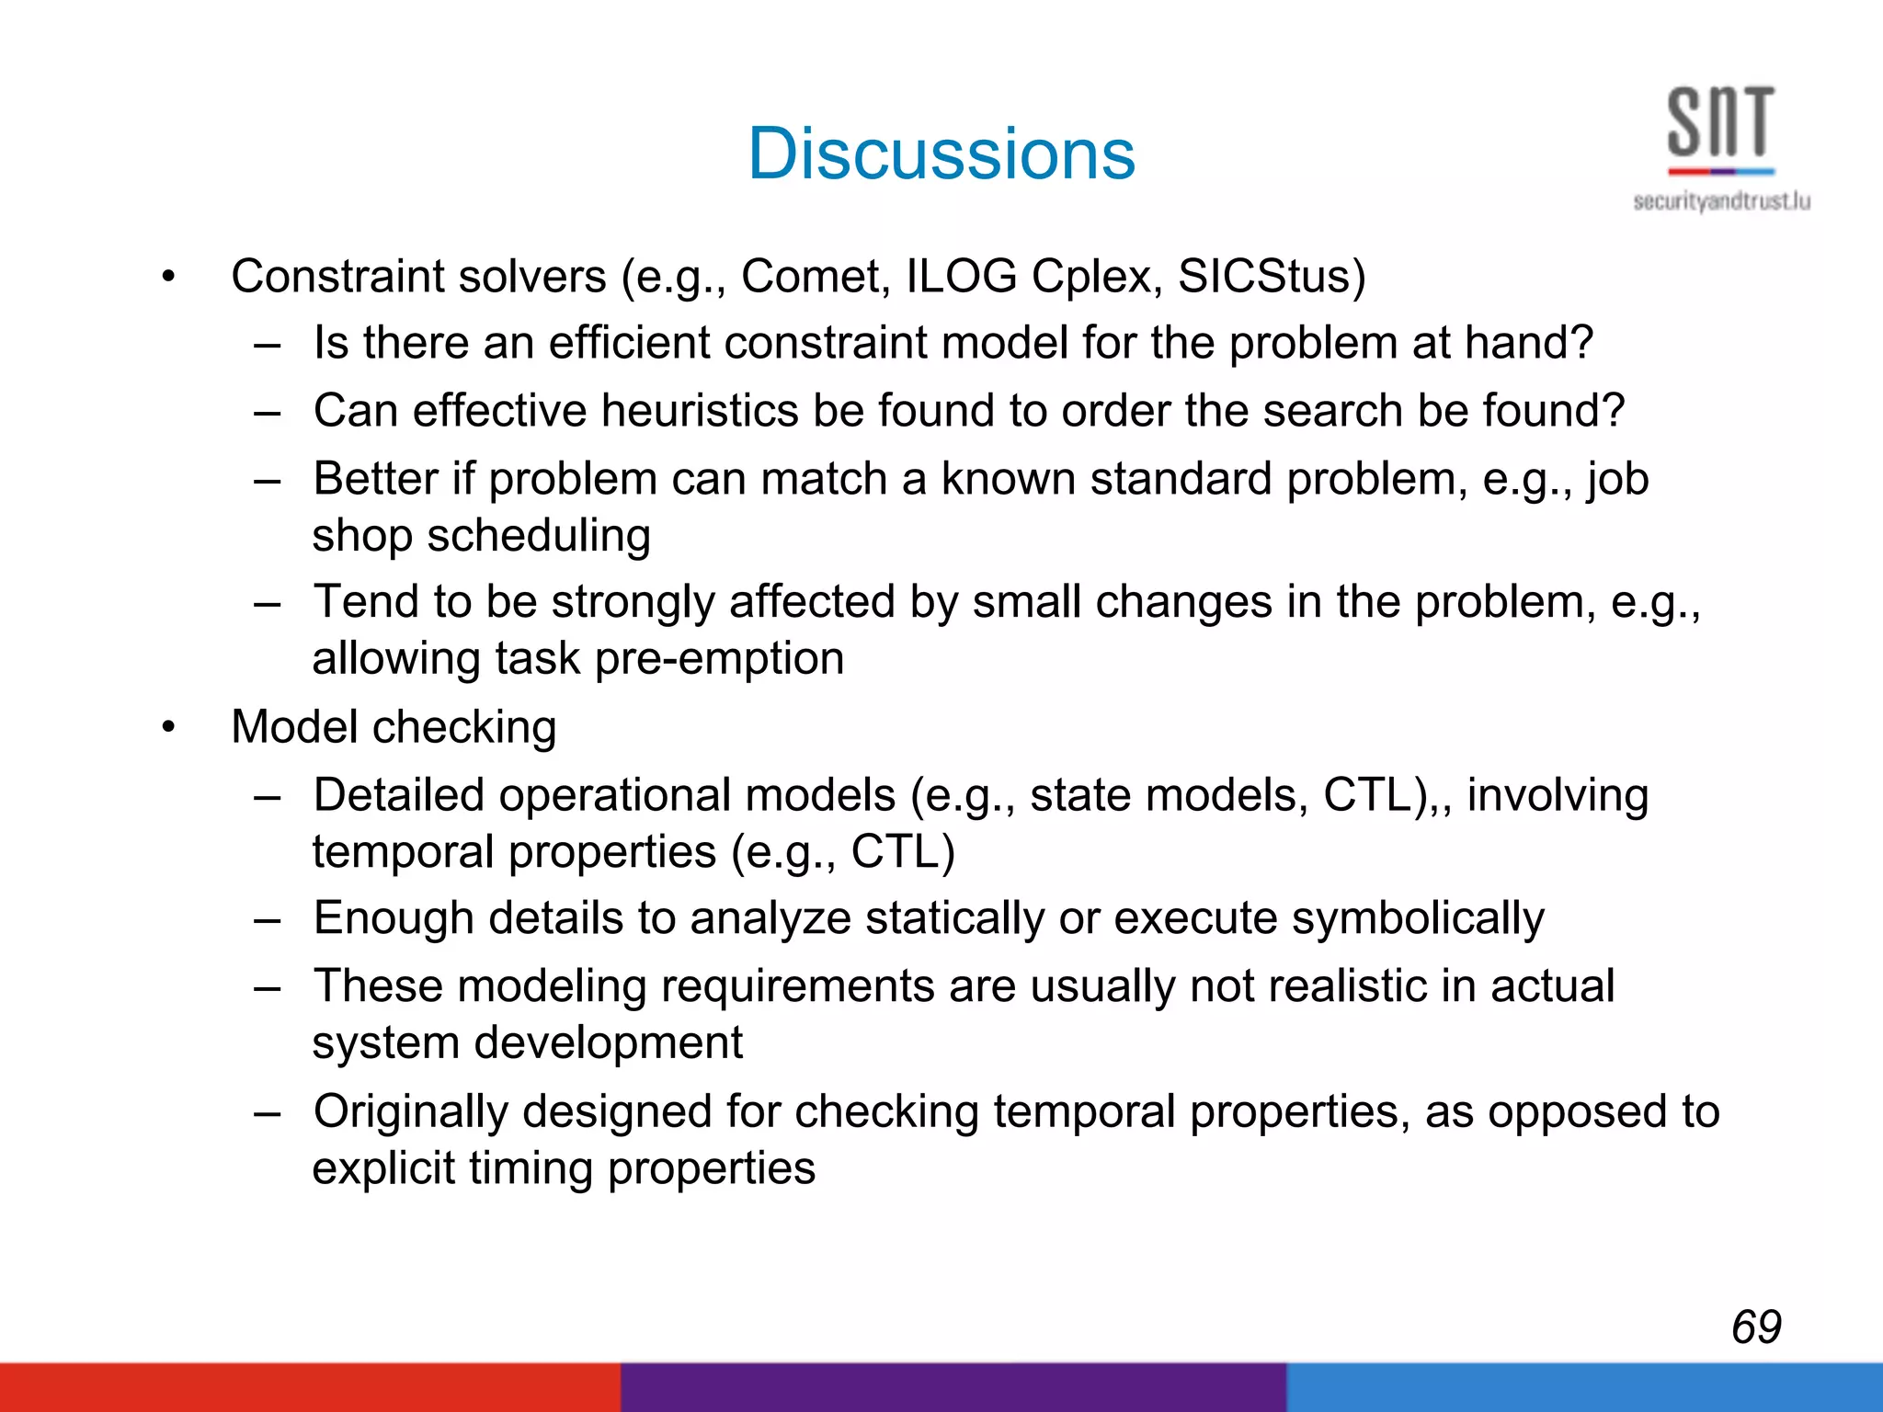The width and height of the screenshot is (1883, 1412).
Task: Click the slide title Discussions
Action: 941,154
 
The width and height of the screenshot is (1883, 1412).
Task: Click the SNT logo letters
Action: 1719,122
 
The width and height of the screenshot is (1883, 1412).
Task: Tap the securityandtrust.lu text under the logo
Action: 1721,201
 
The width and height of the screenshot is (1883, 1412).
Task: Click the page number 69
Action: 1755,1327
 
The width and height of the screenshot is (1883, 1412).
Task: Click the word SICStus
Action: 1271,276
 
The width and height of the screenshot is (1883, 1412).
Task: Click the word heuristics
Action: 699,410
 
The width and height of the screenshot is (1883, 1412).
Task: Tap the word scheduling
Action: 539,535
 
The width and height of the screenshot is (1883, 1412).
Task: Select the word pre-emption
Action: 719,659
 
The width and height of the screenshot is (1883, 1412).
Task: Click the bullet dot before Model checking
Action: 167,727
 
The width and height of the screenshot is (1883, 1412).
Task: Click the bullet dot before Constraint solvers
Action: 167,276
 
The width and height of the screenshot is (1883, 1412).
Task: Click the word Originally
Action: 410,1111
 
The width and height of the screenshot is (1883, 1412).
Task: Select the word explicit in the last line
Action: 383,1168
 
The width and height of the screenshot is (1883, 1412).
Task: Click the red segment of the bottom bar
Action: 310,1387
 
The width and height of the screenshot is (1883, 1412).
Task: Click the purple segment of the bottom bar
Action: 953,1387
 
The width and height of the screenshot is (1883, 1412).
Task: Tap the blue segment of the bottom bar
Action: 1583,1387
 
